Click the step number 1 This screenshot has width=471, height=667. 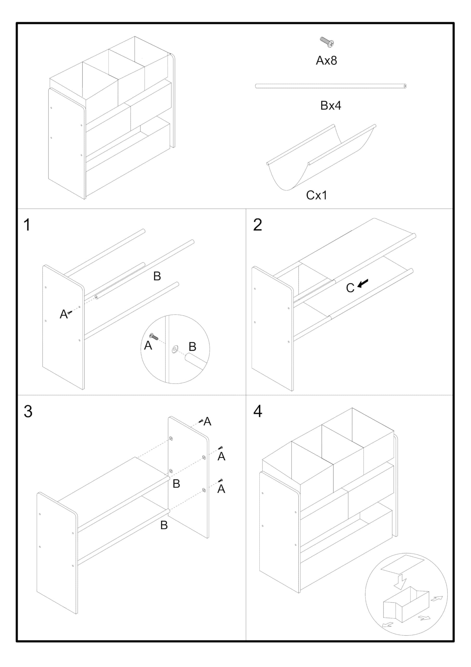pyautogui.click(x=27, y=225)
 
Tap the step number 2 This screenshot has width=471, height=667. pyautogui.click(x=257, y=225)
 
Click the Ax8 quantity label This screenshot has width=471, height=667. pyautogui.click(x=326, y=60)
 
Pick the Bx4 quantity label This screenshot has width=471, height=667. pyautogui.click(x=330, y=106)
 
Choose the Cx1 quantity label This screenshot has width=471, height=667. pyautogui.click(x=316, y=195)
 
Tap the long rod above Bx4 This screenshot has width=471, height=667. pyautogui.click(x=330, y=86)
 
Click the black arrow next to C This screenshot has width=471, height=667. pyautogui.click(x=363, y=283)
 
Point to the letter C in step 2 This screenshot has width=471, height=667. pyautogui.click(x=350, y=288)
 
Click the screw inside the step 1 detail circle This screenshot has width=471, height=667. pyautogui.click(x=154, y=337)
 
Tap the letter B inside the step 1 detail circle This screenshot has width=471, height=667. pyautogui.click(x=192, y=347)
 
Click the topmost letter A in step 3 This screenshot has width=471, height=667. pyautogui.click(x=207, y=421)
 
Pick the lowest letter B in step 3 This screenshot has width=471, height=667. pyautogui.click(x=164, y=525)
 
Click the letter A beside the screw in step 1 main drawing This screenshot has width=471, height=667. pyautogui.click(x=63, y=314)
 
